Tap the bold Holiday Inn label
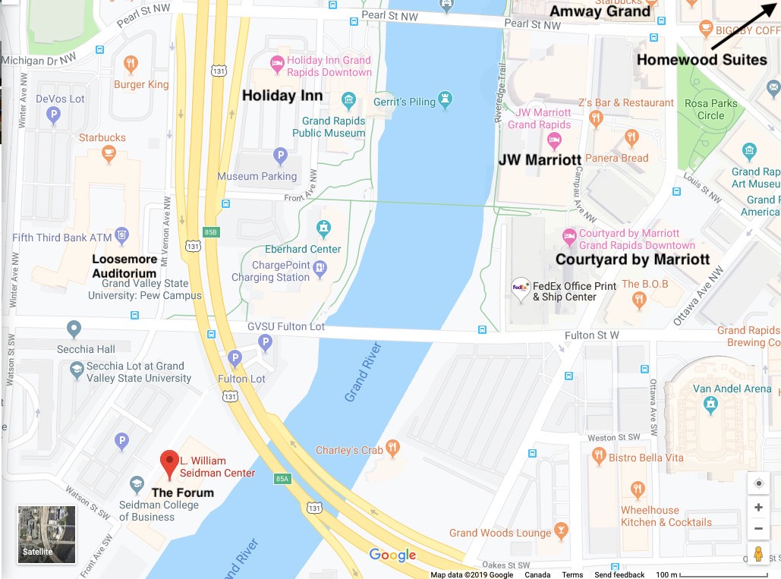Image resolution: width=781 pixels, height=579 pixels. pyautogui.click(x=282, y=96)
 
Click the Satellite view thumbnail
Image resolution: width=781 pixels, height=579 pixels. pyautogui.click(x=47, y=534)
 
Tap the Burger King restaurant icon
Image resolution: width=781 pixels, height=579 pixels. pyautogui.click(x=131, y=64)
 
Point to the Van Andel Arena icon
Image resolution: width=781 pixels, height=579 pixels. pyautogui.click(x=711, y=407)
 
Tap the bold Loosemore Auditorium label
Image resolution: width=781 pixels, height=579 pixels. pyautogui.click(x=124, y=266)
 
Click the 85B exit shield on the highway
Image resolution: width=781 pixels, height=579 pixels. pyautogui.click(x=210, y=232)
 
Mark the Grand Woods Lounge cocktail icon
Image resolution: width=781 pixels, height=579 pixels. pyautogui.click(x=562, y=530)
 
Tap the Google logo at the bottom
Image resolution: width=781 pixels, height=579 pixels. pyautogui.click(x=392, y=555)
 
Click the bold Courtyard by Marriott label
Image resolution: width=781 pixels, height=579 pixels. pyautogui.click(x=632, y=260)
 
